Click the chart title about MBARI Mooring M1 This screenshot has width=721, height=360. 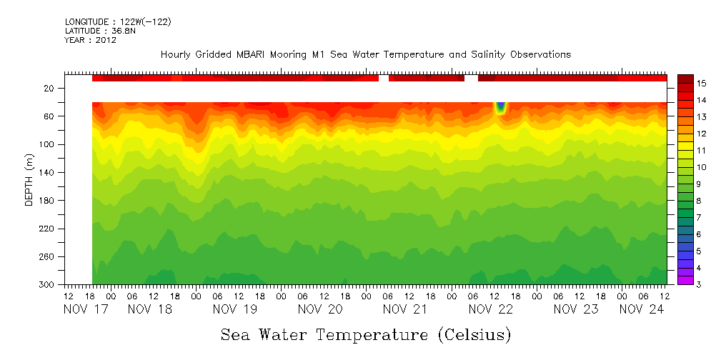tap(365, 55)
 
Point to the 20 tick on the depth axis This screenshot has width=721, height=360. tap(50, 89)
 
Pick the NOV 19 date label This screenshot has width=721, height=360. tap(234, 309)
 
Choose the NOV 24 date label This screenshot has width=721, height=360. tap(641, 309)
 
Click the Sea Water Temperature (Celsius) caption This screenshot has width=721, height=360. tap(366, 334)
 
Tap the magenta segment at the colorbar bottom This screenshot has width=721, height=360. tap(685, 281)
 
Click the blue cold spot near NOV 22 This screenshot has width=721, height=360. tap(500, 108)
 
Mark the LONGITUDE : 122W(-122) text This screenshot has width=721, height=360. tap(118, 22)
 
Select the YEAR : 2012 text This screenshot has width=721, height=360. tap(90, 40)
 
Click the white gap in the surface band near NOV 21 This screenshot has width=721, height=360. tap(384, 78)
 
